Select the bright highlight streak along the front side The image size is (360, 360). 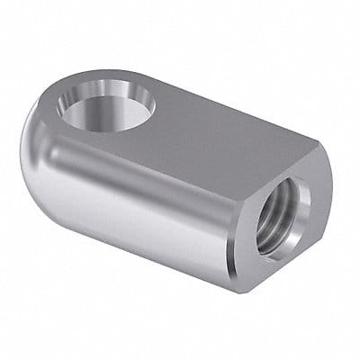[x=135, y=180]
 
